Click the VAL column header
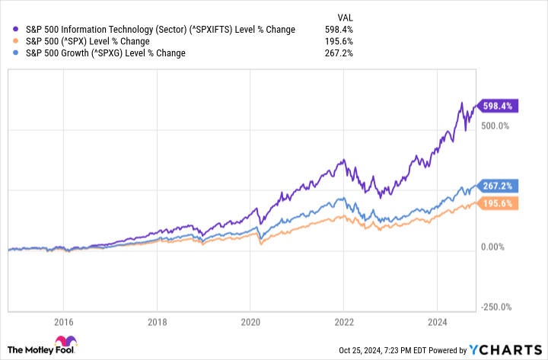coord(344,16)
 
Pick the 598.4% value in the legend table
coord(340,29)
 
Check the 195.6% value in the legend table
coord(340,41)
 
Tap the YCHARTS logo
coord(507,350)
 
